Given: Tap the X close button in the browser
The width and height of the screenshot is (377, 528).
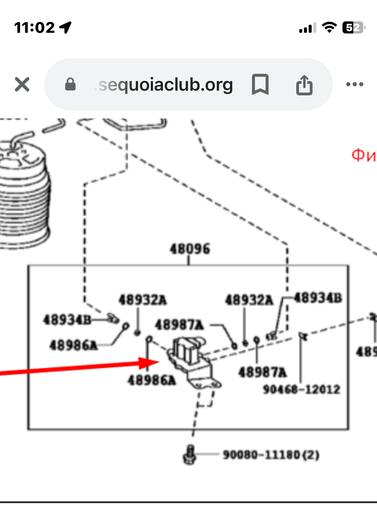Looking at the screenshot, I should pyautogui.click(x=22, y=84).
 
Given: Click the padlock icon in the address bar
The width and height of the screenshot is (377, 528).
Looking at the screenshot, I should pyautogui.click(x=70, y=84).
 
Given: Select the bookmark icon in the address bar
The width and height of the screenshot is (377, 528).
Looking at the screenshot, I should pyautogui.click(x=260, y=84).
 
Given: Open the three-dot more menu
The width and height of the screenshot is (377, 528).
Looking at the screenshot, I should pyautogui.click(x=355, y=84).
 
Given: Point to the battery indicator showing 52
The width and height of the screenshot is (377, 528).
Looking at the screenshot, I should pyautogui.click(x=353, y=27).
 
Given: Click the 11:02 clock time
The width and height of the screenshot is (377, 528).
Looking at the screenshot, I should pyautogui.click(x=34, y=27).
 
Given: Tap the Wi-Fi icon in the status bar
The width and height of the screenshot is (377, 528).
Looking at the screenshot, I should pyautogui.click(x=329, y=27).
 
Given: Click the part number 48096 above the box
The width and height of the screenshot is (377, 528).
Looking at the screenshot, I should pyautogui.click(x=190, y=249).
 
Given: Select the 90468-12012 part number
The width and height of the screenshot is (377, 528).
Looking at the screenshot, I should pyautogui.click(x=301, y=389).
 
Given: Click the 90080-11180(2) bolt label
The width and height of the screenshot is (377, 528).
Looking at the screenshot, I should pyautogui.click(x=271, y=455).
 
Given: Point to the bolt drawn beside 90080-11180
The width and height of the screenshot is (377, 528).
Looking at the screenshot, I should pyautogui.click(x=190, y=454).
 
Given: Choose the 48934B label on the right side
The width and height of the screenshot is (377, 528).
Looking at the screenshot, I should pyautogui.click(x=318, y=298).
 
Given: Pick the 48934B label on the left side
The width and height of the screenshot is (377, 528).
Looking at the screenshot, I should pyautogui.click(x=67, y=320).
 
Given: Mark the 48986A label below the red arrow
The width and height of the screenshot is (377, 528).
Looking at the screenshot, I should pyautogui.click(x=151, y=380).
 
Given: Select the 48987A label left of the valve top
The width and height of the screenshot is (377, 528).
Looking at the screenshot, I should pyautogui.click(x=179, y=325).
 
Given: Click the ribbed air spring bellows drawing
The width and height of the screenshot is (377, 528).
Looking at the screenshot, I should pyautogui.click(x=23, y=197).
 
